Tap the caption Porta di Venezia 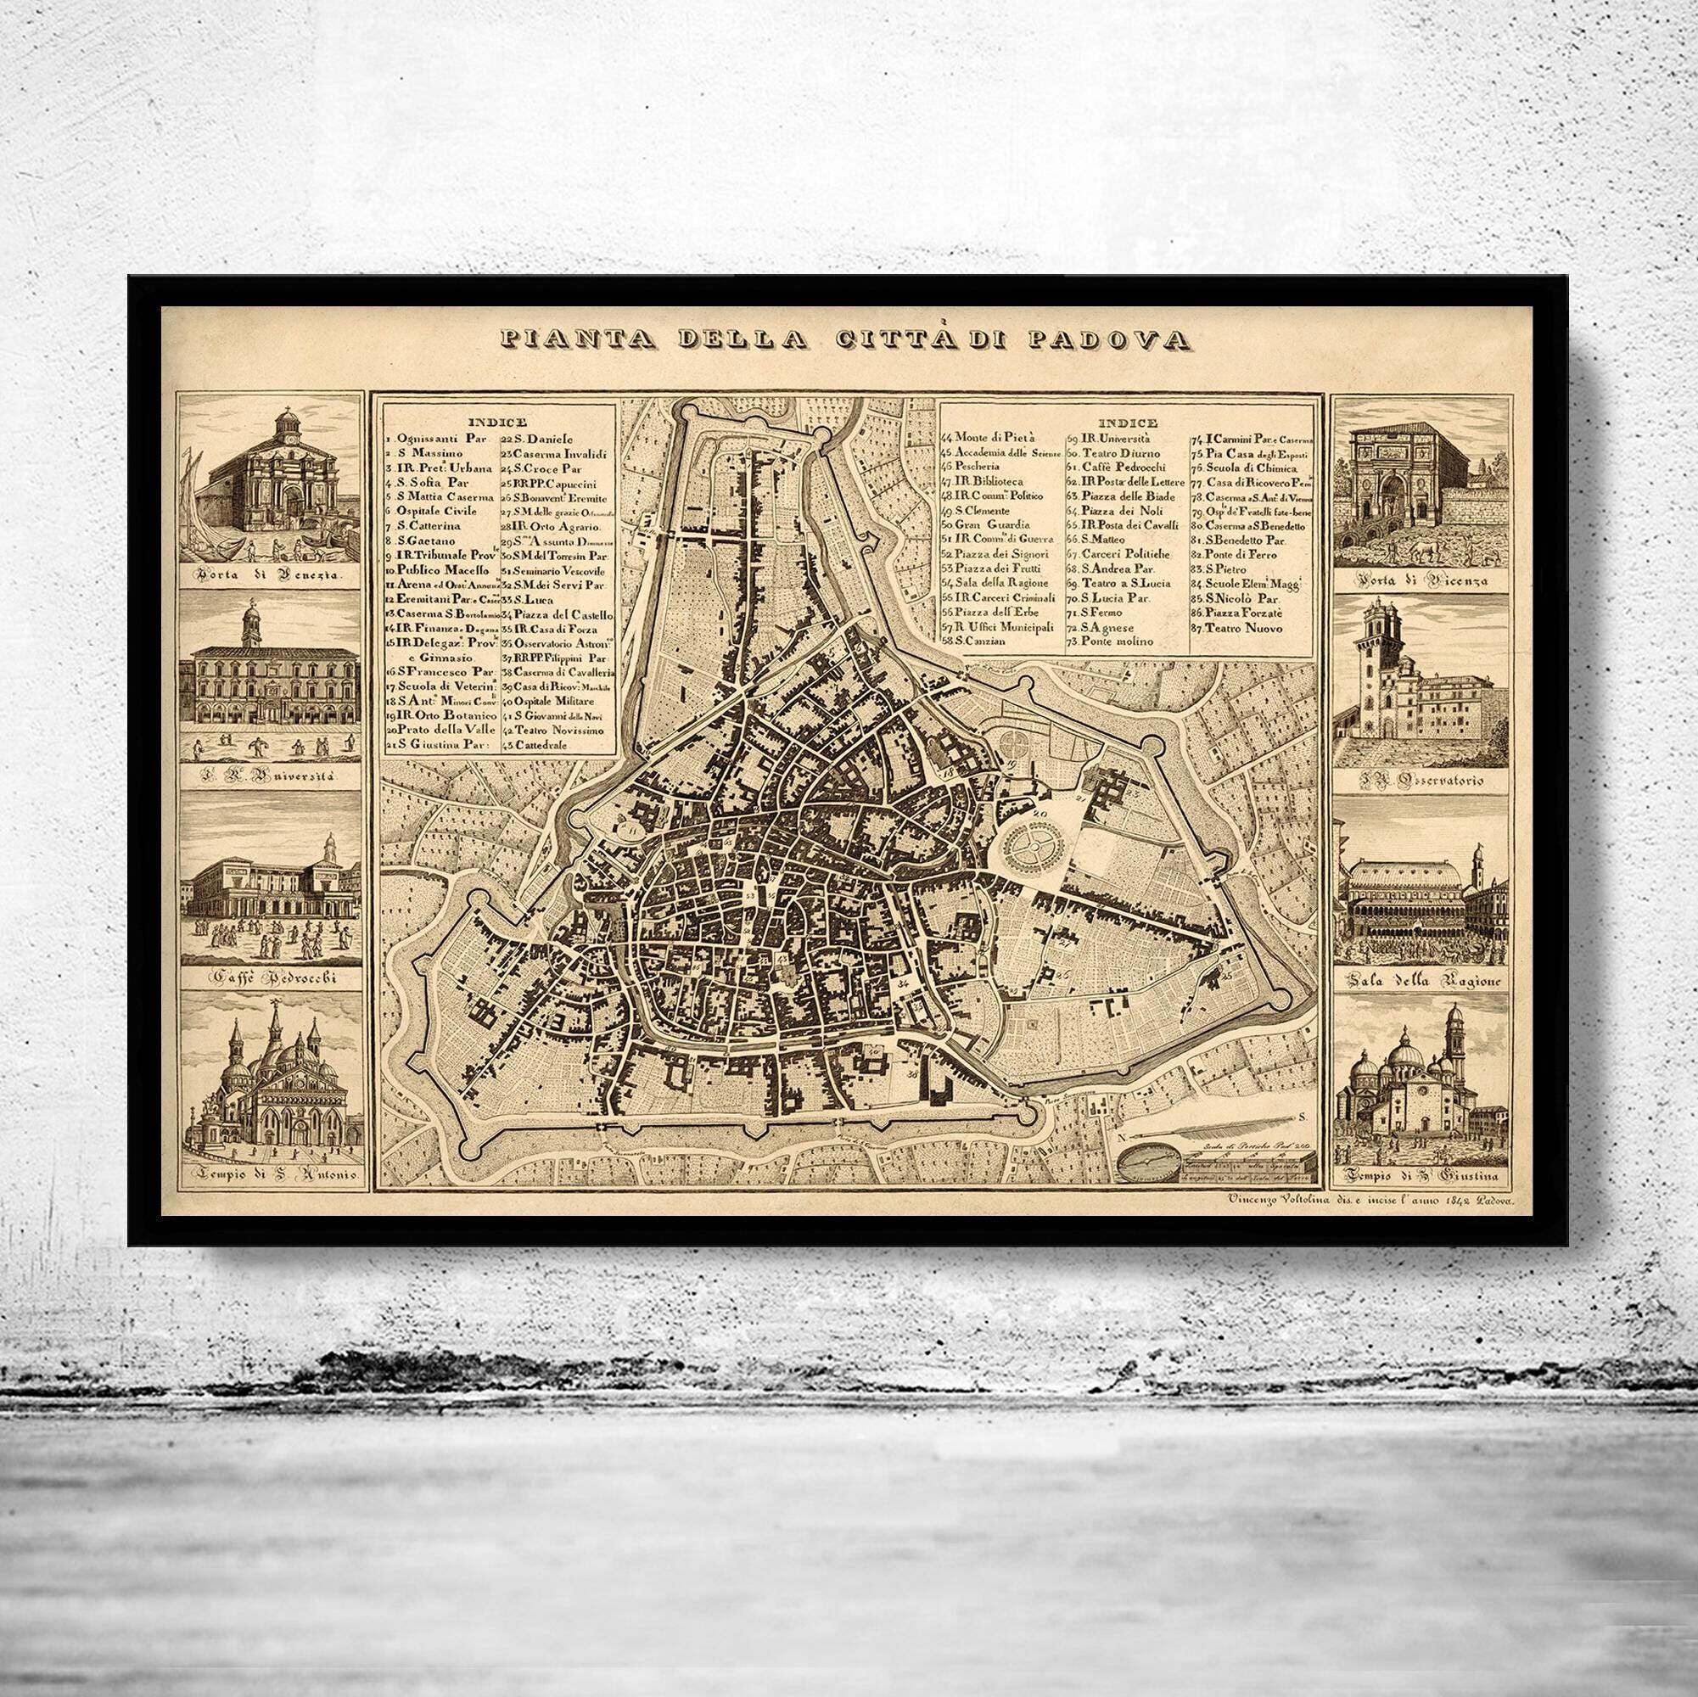pyautogui.click(x=270, y=576)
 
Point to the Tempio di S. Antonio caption pyautogui.click(x=269, y=1177)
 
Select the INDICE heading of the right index pyautogui.click(x=1125, y=423)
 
